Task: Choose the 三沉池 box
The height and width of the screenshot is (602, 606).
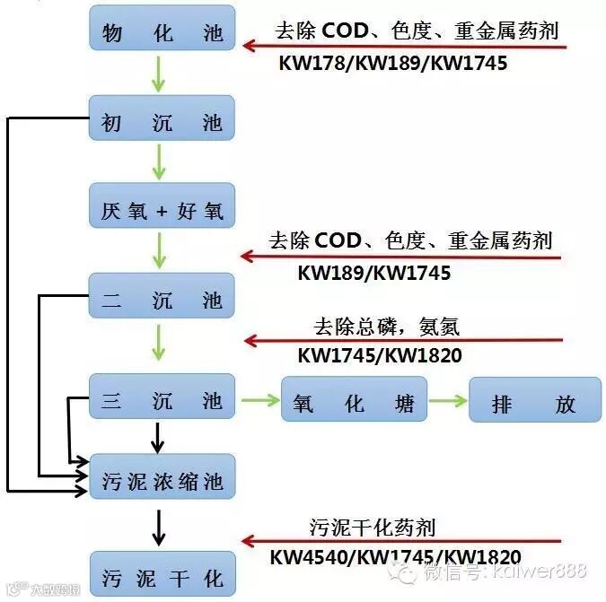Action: click(162, 397)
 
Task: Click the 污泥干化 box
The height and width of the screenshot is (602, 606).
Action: click(162, 574)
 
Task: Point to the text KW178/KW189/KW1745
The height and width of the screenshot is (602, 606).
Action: click(394, 64)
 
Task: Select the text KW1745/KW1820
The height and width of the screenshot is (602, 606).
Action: click(379, 356)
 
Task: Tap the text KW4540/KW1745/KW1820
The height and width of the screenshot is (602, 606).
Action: click(395, 556)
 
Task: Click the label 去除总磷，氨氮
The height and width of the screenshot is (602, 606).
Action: click(386, 326)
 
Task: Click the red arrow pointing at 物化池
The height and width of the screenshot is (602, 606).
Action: click(404, 45)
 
